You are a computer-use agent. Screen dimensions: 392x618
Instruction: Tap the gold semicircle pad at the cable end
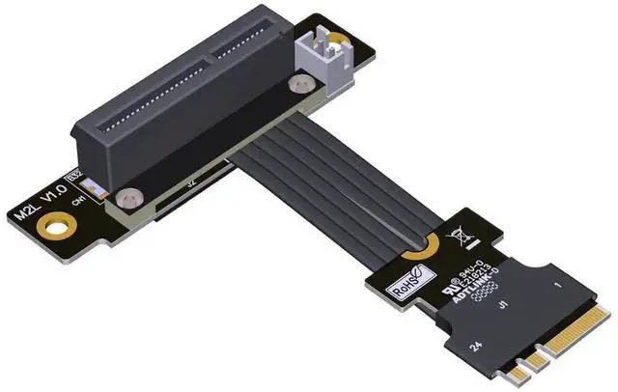pos(419,252)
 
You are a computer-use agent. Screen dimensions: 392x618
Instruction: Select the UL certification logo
pos(451,289)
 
